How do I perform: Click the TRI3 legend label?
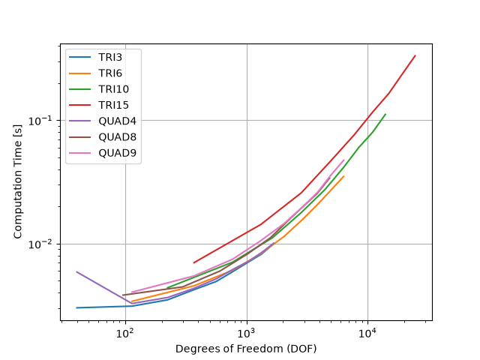pyautogui.click(x=110, y=57)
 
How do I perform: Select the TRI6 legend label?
pyautogui.click(x=110, y=73)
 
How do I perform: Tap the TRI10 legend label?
pyautogui.click(x=113, y=89)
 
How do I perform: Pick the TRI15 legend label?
pyautogui.click(x=113, y=105)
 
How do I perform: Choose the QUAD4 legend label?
pyautogui.click(x=117, y=121)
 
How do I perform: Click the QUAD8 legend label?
pyautogui.click(x=117, y=136)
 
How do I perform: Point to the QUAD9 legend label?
pyautogui.click(x=117, y=153)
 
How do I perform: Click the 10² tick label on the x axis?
pyautogui.click(x=126, y=332)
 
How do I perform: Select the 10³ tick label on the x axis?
pyautogui.click(x=247, y=332)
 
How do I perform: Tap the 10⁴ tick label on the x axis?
pyautogui.click(x=367, y=332)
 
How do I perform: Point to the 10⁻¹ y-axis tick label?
pyautogui.click(x=42, y=121)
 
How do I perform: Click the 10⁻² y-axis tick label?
pyautogui.click(x=42, y=244)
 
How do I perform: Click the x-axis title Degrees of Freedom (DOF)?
pyautogui.click(x=246, y=349)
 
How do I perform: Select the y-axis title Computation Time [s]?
pyautogui.click(x=18, y=181)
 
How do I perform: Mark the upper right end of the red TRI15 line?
pyautogui.click(x=415, y=55)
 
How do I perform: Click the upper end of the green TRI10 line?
pyautogui.click(x=385, y=114)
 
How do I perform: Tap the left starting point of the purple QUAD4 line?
pyautogui.click(x=76, y=271)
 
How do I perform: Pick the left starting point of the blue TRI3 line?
pyautogui.click(x=76, y=307)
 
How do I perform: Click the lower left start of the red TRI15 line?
pyautogui.click(x=193, y=262)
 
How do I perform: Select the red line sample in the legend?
pyautogui.click(x=80, y=105)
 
